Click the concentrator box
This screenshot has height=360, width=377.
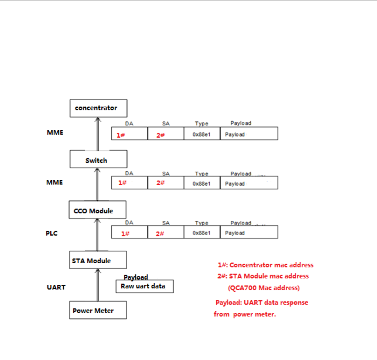tap(99, 108)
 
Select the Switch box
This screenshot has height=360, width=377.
tap(99, 160)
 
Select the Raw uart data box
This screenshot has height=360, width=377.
tap(144, 286)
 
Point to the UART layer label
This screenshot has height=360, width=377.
tap(56, 287)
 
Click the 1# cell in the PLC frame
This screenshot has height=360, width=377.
tap(129, 233)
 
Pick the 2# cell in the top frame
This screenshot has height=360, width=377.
tap(165, 133)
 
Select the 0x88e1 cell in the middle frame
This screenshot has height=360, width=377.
tap(202, 183)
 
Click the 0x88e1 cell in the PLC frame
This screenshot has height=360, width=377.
tap(202, 233)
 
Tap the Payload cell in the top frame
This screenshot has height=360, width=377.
tap(249, 134)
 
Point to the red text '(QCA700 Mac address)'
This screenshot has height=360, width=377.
tap(263, 288)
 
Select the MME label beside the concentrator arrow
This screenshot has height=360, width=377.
tap(54, 133)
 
